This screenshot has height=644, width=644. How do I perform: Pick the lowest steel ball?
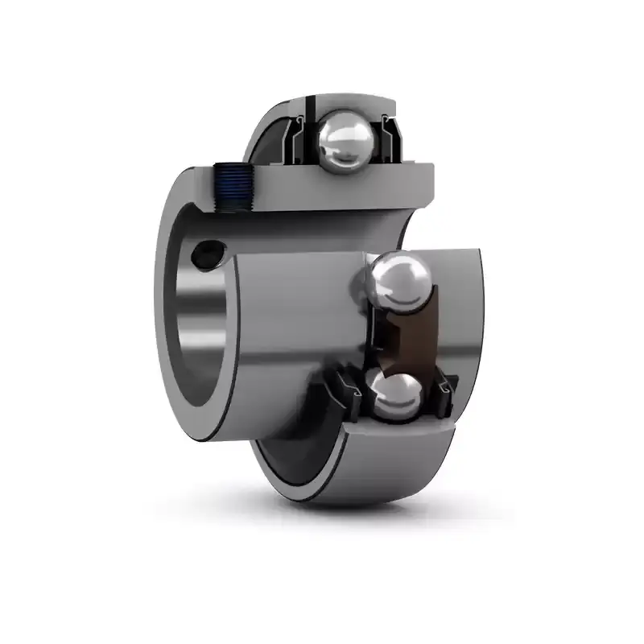393,395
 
